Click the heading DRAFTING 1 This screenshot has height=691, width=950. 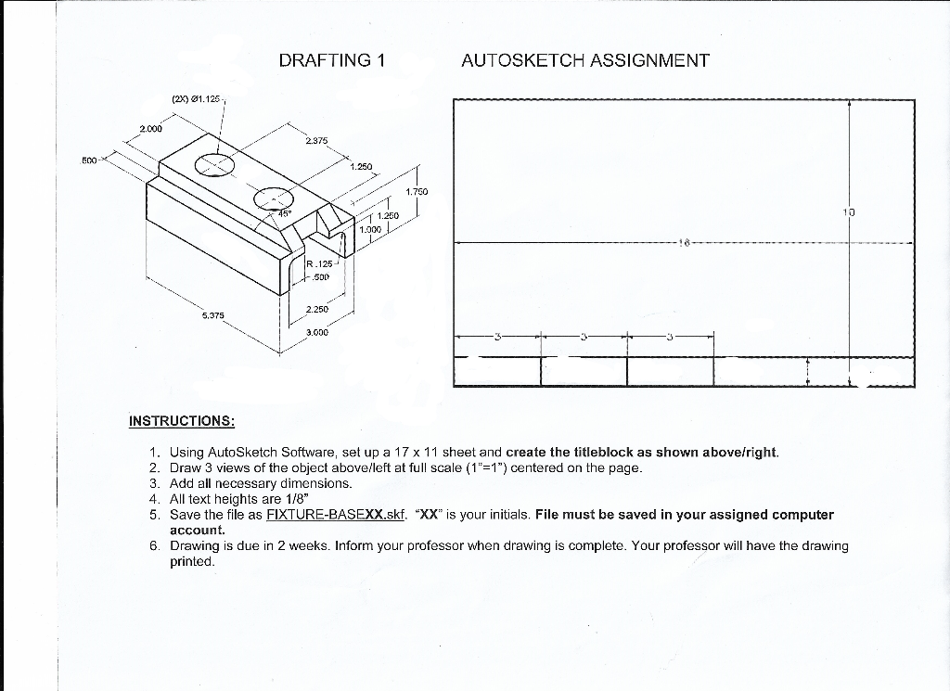[331, 61]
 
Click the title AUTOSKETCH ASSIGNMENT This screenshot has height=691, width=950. [584, 61]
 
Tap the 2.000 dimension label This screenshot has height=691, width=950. [151, 128]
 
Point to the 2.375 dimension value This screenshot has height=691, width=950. [315, 141]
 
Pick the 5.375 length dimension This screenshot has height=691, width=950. [213, 315]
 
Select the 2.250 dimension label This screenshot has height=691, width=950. [317, 309]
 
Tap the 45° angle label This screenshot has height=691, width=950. [285, 213]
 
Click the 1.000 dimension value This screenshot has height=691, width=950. [370, 228]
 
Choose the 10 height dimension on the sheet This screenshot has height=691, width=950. [848, 212]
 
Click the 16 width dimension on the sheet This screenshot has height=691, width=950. [685, 244]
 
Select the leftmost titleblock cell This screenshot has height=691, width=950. [497, 371]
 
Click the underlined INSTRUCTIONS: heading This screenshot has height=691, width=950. [181, 420]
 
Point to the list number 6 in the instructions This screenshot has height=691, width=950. [154, 545]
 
